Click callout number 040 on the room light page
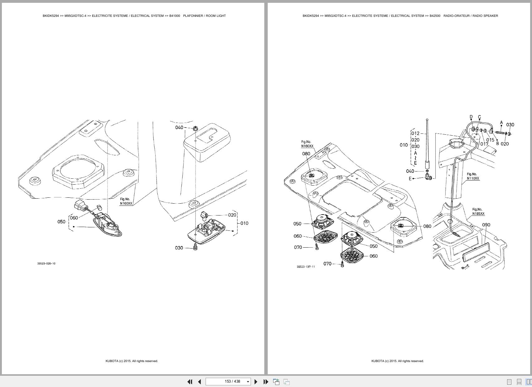coord(179,128)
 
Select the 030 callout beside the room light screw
coord(179,248)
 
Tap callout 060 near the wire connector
coord(74,218)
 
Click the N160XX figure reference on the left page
coord(126,203)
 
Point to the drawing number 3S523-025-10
coord(46,264)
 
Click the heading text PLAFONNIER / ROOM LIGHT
coord(204,16)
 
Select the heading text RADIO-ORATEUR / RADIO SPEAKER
coord(471,16)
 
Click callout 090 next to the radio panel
coord(486,225)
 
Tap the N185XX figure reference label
coord(478,214)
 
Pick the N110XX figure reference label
coord(473,179)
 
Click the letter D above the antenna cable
coord(471,117)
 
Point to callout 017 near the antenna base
coord(484,144)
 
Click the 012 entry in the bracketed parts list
coord(415,133)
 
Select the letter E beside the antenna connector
coord(410,179)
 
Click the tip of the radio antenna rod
coord(427,119)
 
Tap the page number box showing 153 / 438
coord(228,381)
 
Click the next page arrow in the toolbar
coord(256,382)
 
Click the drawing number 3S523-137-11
coord(306,267)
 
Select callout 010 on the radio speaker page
coord(404,145)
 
